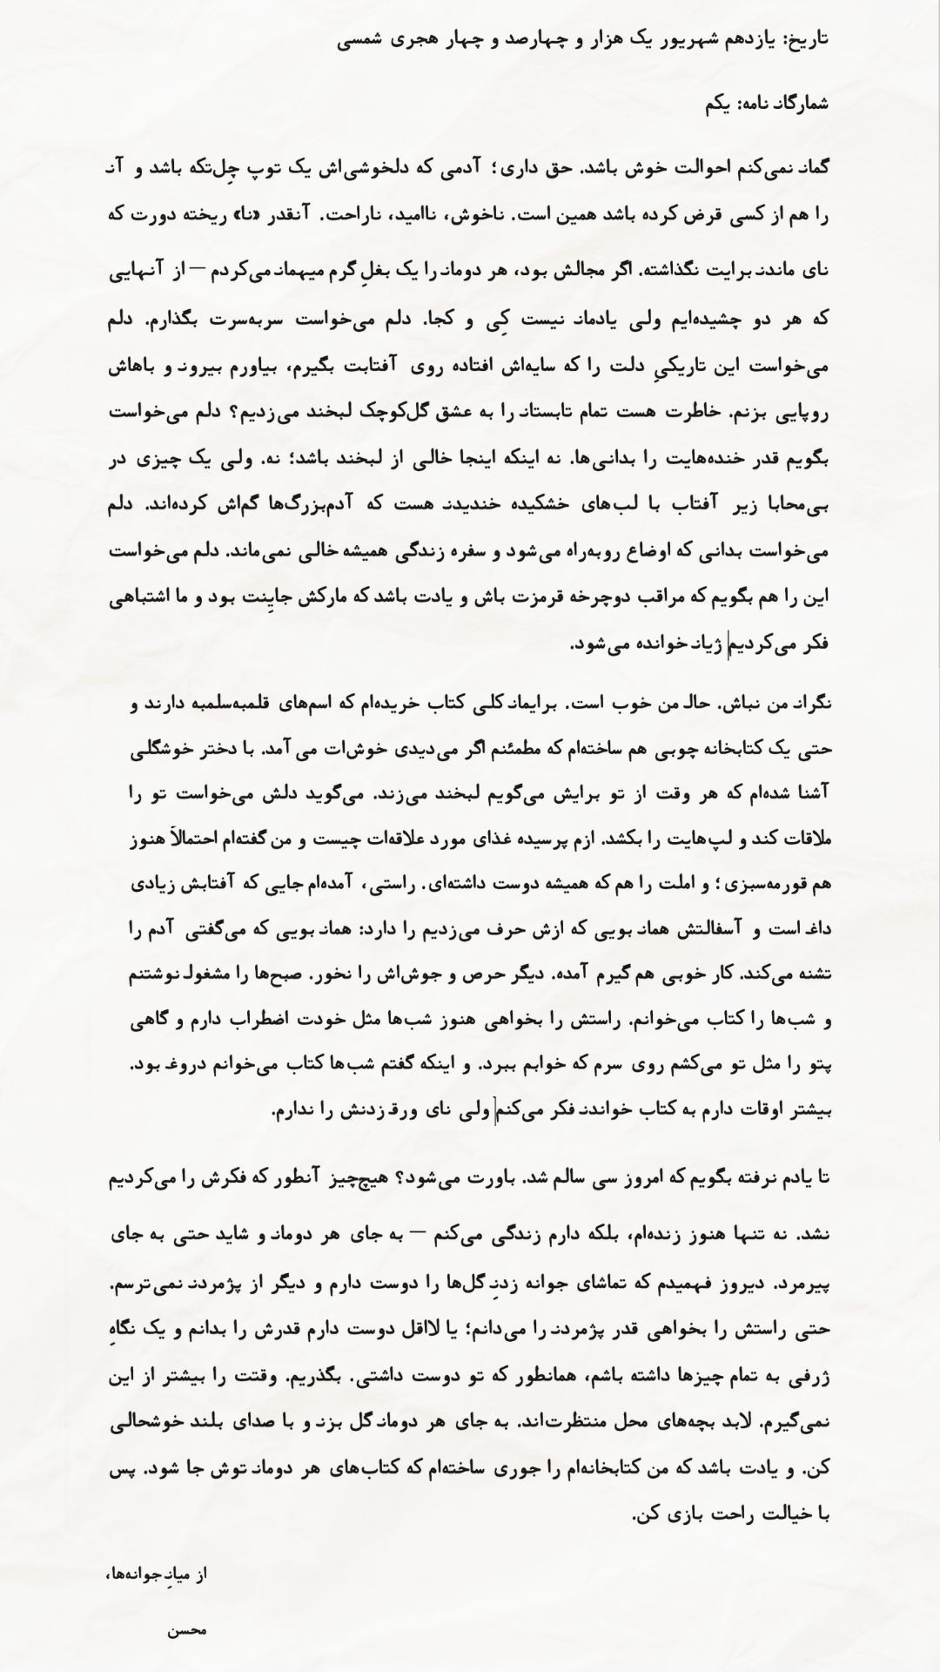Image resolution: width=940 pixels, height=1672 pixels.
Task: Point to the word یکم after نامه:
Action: pyautogui.click(x=719, y=104)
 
